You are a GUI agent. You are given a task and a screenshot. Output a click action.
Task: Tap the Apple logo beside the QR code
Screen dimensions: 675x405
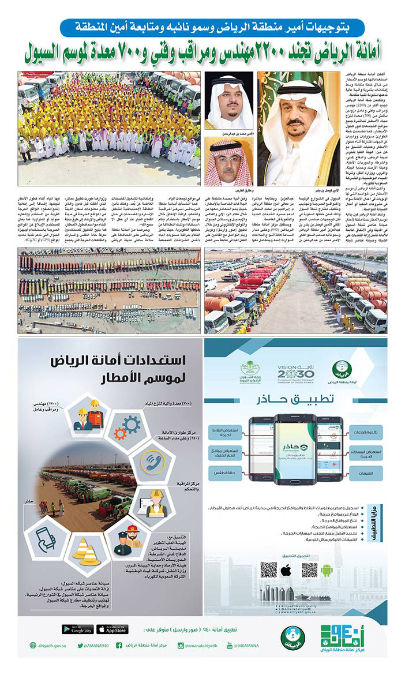[286, 571]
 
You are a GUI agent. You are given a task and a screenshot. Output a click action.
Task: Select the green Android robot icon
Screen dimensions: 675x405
[327, 571]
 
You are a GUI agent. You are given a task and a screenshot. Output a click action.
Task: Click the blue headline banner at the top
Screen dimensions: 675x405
[212, 27]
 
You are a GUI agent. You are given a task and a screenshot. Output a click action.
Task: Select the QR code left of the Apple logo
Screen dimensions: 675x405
[269, 570]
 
